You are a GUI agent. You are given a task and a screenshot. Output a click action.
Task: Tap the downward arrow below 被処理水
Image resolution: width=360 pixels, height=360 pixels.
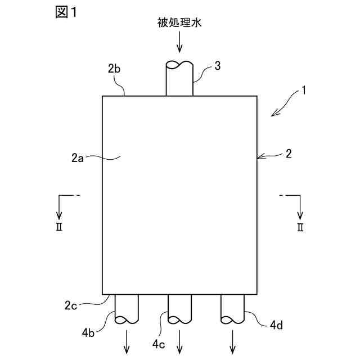point(179,42)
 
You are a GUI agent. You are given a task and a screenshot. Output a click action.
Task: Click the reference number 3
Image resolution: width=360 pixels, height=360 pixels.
point(217,66)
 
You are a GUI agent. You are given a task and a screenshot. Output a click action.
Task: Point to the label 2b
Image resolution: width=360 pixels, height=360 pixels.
point(114,70)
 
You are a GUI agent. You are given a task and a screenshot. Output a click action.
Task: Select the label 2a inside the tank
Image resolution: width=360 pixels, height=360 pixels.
point(78,159)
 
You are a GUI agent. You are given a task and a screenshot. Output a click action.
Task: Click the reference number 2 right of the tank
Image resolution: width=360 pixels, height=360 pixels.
point(288,153)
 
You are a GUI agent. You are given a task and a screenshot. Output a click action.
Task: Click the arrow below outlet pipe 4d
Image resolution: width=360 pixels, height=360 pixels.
point(233,343)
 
